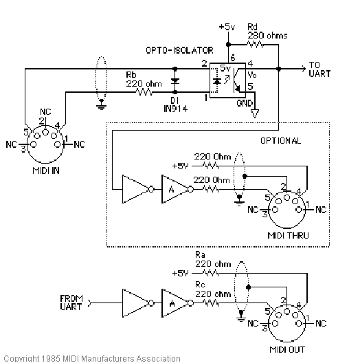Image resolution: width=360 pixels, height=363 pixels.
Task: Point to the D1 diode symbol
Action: [x=175, y=80]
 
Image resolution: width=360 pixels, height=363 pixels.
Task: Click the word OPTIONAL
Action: [x=281, y=140]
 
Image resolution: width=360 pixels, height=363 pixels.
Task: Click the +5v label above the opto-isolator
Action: [x=227, y=27]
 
